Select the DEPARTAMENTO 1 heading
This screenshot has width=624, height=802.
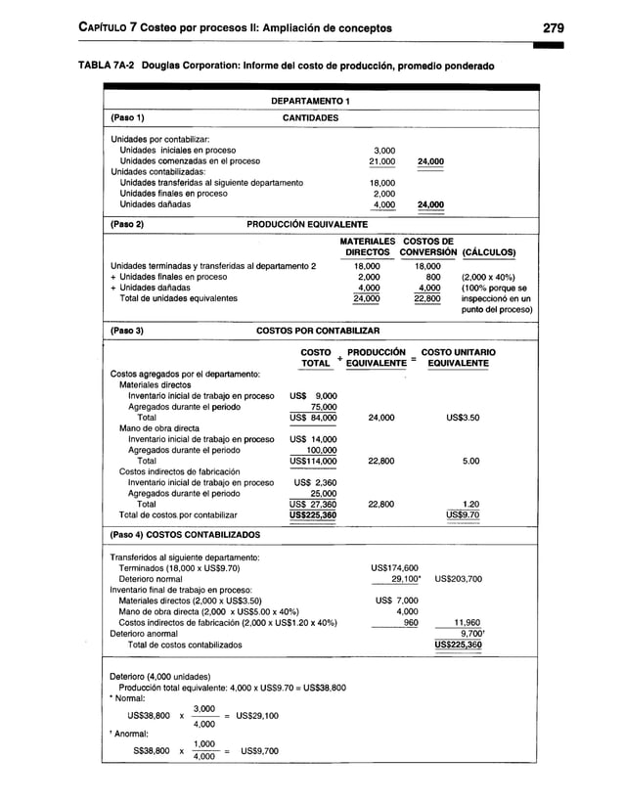coord(310,102)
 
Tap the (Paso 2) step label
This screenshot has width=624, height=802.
coord(127,224)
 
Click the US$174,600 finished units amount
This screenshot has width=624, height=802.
coord(395,567)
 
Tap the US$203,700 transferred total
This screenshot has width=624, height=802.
coord(457,578)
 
